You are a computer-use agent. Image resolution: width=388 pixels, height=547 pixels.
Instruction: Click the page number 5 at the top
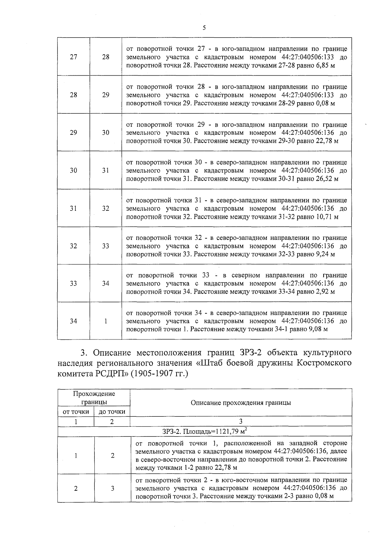point(204,28)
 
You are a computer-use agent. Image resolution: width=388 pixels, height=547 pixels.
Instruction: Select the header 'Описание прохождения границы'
point(241,402)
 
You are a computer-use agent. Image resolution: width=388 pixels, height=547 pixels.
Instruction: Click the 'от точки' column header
point(76,412)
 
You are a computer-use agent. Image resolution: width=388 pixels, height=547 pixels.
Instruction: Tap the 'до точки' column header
point(112,412)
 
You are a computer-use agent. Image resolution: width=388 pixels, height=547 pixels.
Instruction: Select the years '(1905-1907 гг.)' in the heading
point(159,374)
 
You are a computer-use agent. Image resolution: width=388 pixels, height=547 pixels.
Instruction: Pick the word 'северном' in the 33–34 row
point(246,275)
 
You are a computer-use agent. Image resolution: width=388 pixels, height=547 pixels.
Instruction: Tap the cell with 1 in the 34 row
point(106,321)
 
